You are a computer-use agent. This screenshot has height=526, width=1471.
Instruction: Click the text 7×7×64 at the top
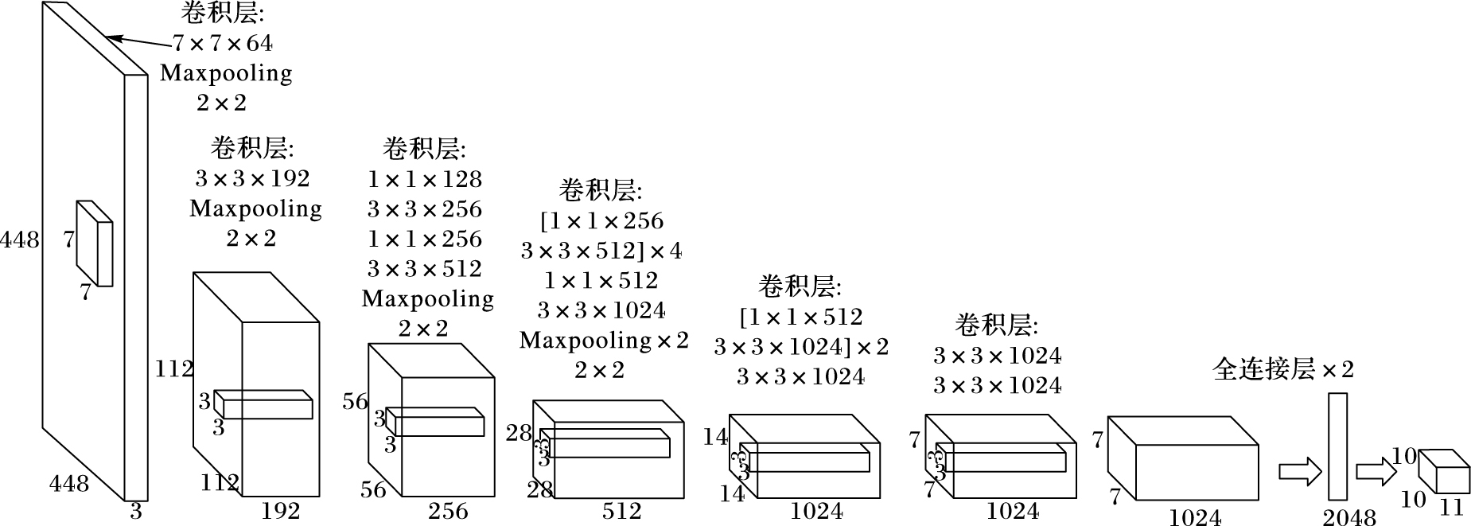pyautogui.click(x=223, y=43)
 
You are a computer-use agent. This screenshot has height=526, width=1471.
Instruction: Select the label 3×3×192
pyautogui.click(x=252, y=178)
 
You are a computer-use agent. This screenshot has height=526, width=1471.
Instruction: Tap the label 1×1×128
pyautogui.click(x=425, y=179)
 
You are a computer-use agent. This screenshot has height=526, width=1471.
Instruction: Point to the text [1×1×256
pyautogui.click(x=601, y=221)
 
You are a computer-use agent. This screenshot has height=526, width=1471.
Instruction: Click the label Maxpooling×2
pyautogui.click(x=604, y=341)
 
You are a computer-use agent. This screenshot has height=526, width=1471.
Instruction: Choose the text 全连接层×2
pyautogui.click(x=1282, y=369)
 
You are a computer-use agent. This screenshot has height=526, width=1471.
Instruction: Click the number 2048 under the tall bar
pyautogui.click(x=1348, y=518)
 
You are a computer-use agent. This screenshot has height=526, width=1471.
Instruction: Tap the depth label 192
pyautogui.click(x=281, y=511)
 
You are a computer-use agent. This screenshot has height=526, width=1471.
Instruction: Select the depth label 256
pyautogui.click(x=448, y=511)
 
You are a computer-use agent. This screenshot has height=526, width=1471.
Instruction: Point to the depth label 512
pyautogui.click(x=621, y=511)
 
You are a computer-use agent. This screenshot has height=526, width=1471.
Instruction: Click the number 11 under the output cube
pyautogui.click(x=1452, y=506)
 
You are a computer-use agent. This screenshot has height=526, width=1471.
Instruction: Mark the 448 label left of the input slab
pyautogui.click(x=19, y=239)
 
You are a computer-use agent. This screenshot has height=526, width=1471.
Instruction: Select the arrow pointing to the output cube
pyautogui.click(x=1376, y=472)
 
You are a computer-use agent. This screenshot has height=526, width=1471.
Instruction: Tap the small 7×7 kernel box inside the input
pyautogui.click(x=95, y=244)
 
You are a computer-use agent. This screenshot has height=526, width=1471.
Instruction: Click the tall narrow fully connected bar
pyautogui.click(x=1337, y=446)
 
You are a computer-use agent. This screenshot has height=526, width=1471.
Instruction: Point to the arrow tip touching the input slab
pyautogui.click(x=109, y=37)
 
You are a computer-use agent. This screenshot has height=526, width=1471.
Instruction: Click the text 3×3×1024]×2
pyautogui.click(x=800, y=347)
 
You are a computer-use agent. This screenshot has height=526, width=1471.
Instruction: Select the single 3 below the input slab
pyautogui.click(x=136, y=511)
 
